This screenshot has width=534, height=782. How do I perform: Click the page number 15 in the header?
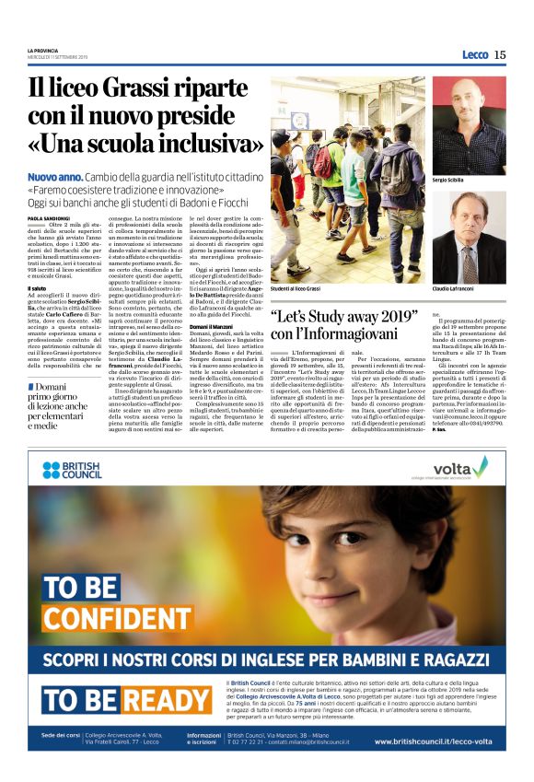(500, 54)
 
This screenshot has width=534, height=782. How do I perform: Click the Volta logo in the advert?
(459, 470)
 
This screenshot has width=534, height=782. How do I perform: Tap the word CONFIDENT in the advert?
(117, 616)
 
